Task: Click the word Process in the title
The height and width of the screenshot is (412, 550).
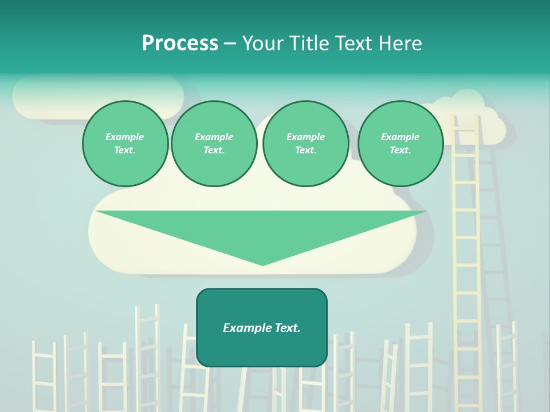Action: tap(180, 43)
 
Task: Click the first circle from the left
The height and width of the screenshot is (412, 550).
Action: tap(125, 144)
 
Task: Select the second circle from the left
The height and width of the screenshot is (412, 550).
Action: tap(214, 144)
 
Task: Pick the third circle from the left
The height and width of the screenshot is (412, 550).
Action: tap(305, 144)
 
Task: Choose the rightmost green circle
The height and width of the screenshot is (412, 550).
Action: tap(400, 144)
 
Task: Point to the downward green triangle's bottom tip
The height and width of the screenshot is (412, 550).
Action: tap(262, 264)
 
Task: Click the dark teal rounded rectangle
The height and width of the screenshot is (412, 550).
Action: tap(262, 349)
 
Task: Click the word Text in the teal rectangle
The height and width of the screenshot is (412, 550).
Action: tap(287, 328)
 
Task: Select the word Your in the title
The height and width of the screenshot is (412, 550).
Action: tap(264, 43)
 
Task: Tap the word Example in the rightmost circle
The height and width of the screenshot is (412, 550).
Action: tap(400, 137)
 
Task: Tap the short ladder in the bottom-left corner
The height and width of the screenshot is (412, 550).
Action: tap(44, 375)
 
